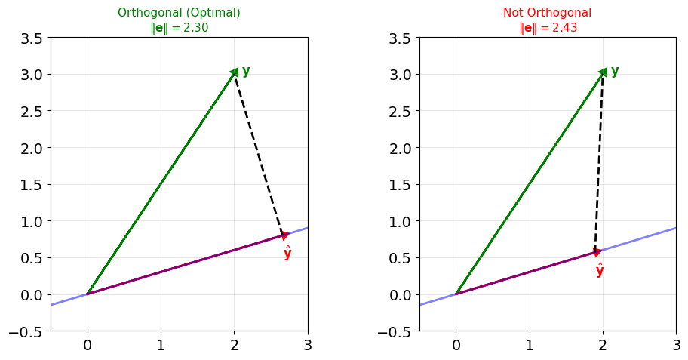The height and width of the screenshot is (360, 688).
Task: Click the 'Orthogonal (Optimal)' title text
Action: click(179, 12)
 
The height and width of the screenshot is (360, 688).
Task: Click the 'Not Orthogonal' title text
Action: click(547, 12)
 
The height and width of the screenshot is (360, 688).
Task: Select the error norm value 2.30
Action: click(195, 28)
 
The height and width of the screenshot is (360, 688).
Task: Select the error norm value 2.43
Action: click(565, 28)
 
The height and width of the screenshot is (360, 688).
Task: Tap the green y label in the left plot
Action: click(246, 71)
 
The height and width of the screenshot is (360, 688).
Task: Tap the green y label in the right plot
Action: click(615, 71)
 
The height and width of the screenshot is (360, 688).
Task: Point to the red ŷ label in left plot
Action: click(287, 254)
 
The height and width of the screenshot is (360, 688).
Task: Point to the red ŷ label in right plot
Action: click(600, 270)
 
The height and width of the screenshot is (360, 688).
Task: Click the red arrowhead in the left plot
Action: click(284, 235)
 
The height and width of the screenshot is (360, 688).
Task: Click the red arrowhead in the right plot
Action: click(597, 252)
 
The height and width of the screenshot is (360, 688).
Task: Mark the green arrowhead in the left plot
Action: click(235, 72)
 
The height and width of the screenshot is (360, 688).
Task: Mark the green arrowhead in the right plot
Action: click(603, 72)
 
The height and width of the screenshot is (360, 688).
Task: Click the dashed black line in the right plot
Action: click(599, 162)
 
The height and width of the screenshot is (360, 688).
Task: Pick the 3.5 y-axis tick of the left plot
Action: click(32, 38)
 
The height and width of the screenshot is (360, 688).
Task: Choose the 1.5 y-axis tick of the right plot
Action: click(400, 185)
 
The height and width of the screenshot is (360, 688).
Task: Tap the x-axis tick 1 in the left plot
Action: click(161, 345)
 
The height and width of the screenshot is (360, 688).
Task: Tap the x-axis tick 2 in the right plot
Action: click(603, 345)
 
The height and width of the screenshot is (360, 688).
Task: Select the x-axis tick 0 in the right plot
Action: click(456, 345)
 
